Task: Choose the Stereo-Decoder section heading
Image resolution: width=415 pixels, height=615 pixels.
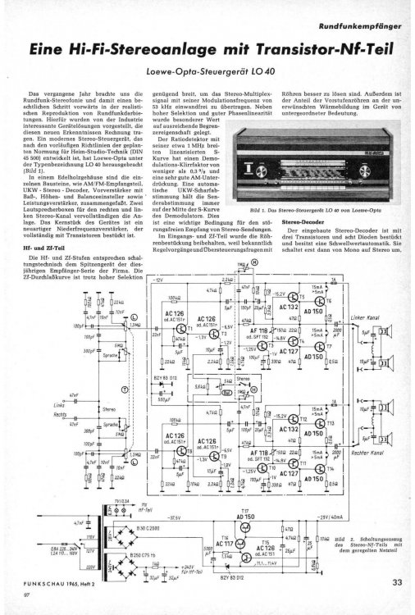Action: pos(302,222)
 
